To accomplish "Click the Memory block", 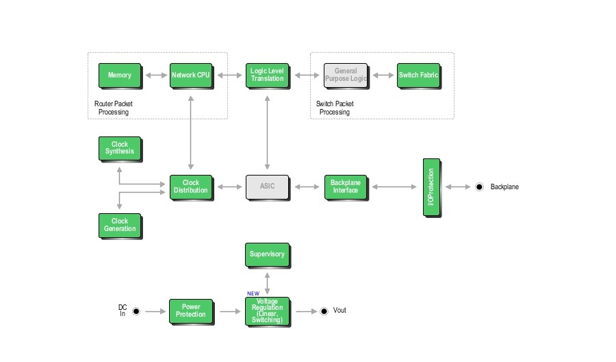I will click(120, 75).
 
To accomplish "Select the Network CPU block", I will click(191, 75).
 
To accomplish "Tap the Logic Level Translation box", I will click(267, 75).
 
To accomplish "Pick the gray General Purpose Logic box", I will click(346, 75).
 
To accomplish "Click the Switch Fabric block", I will click(418, 75).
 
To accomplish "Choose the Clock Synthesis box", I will click(120, 148).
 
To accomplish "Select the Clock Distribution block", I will click(191, 186).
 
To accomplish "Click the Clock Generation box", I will click(120, 225).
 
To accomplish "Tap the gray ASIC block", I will click(267, 186).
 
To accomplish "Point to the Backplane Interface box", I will click(345, 186).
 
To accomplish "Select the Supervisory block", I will click(267, 254).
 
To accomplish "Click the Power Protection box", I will click(191, 311).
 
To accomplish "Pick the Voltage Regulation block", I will click(267, 311).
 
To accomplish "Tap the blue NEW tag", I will click(253, 293).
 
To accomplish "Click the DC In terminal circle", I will click(136, 311).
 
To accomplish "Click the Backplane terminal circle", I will click(480, 186).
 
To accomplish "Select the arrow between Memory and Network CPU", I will click(155, 75).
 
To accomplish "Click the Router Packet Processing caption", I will click(114, 108).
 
